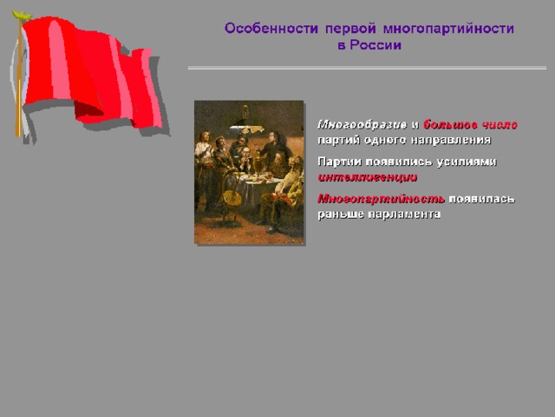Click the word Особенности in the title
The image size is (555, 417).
[271, 29]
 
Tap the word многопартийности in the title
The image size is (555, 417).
[448, 29]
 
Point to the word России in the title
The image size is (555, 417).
[375, 45]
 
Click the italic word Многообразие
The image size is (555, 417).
[362, 125]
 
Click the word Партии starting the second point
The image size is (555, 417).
[340, 162]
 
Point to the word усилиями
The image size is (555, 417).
[467, 162]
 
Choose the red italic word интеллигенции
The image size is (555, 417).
[368, 177]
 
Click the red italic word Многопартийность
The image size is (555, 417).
[382, 199]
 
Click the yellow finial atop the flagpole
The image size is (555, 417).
[21, 15]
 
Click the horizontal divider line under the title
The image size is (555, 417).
[367, 68]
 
